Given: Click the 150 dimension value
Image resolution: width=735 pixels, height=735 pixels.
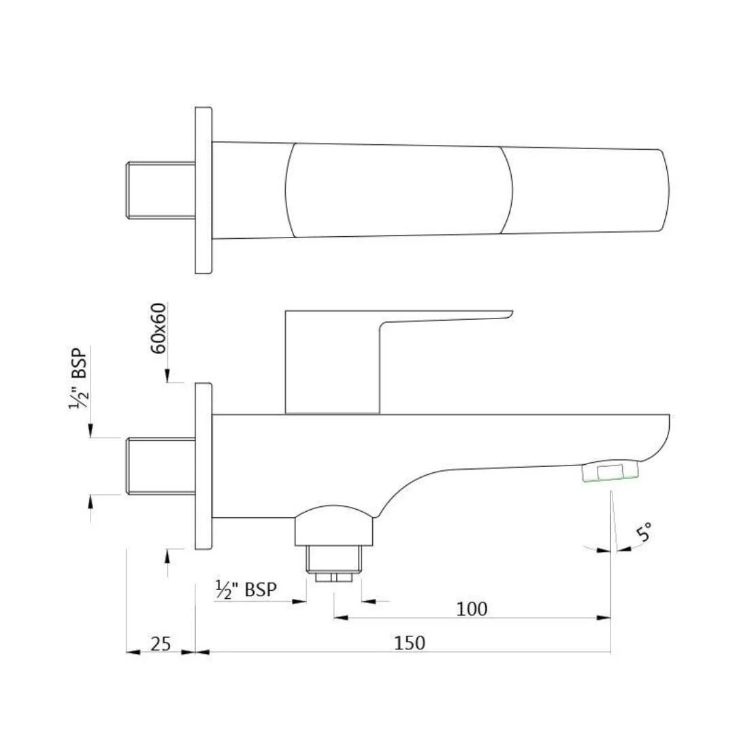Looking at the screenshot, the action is (x=409, y=642).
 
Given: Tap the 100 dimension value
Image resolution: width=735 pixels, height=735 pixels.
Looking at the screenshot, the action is (x=472, y=608).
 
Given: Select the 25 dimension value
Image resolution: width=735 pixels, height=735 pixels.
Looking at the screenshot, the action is (x=161, y=644).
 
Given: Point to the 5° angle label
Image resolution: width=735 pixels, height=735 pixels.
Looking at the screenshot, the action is (x=644, y=532).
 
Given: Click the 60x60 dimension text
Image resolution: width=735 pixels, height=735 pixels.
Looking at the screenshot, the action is (x=159, y=328).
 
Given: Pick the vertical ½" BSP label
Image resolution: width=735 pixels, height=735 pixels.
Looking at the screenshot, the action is (x=78, y=378).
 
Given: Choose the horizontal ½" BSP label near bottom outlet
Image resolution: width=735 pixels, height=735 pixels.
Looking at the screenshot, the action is (x=246, y=589).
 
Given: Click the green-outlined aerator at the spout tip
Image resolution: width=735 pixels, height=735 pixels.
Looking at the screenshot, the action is (x=610, y=471).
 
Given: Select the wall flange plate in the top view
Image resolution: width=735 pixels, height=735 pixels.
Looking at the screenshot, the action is (x=203, y=191).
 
